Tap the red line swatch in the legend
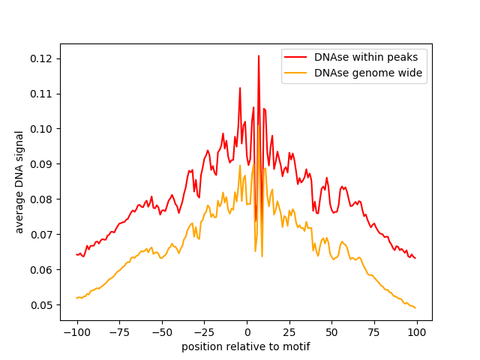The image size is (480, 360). click(x=296, y=56)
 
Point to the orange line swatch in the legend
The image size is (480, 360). click(x=296, y=73)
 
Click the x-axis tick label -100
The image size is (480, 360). click(x=76, y=333)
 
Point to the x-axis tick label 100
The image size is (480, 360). click(x=417, y=333)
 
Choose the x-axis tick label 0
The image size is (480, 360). click(x=247, y=333)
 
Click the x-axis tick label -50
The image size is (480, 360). click(x=162, y=333)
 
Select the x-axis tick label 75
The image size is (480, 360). click(x=374, y=333)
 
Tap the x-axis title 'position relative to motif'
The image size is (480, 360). click(x=246, y=347)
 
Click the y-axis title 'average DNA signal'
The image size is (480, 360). click(x=19, y=181)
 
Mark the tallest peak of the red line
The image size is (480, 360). click(x=259, y=55)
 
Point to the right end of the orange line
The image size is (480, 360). click(x=415, y=307)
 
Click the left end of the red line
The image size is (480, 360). click(x=77, y=254)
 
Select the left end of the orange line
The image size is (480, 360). click(x=77, y=298)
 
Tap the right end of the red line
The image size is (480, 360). click(x=415, y=258)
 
